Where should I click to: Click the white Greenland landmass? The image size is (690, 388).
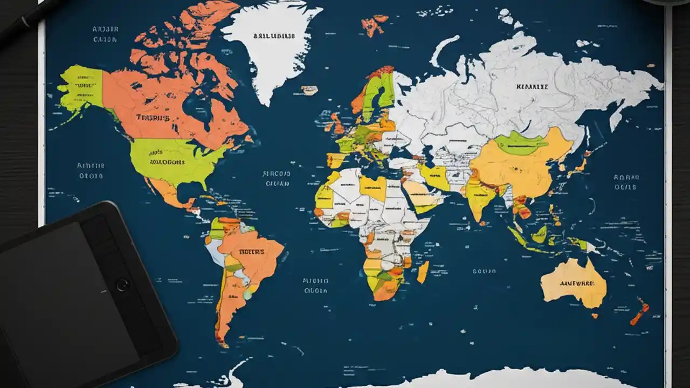[x=270, y=54]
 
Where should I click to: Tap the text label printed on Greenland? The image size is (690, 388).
[x=274, y=36]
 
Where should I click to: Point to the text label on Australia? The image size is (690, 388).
[x=576, y=282]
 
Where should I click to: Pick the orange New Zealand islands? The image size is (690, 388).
[x=640, y=313]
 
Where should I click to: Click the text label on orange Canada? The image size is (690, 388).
[x=153, y=117]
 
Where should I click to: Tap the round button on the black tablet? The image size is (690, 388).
[x=122, y=285]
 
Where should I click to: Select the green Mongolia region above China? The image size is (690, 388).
[x=520, y=143]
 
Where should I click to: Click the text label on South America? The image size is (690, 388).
[x=251, y=251]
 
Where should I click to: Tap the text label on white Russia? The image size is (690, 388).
[x=532, y=86]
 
